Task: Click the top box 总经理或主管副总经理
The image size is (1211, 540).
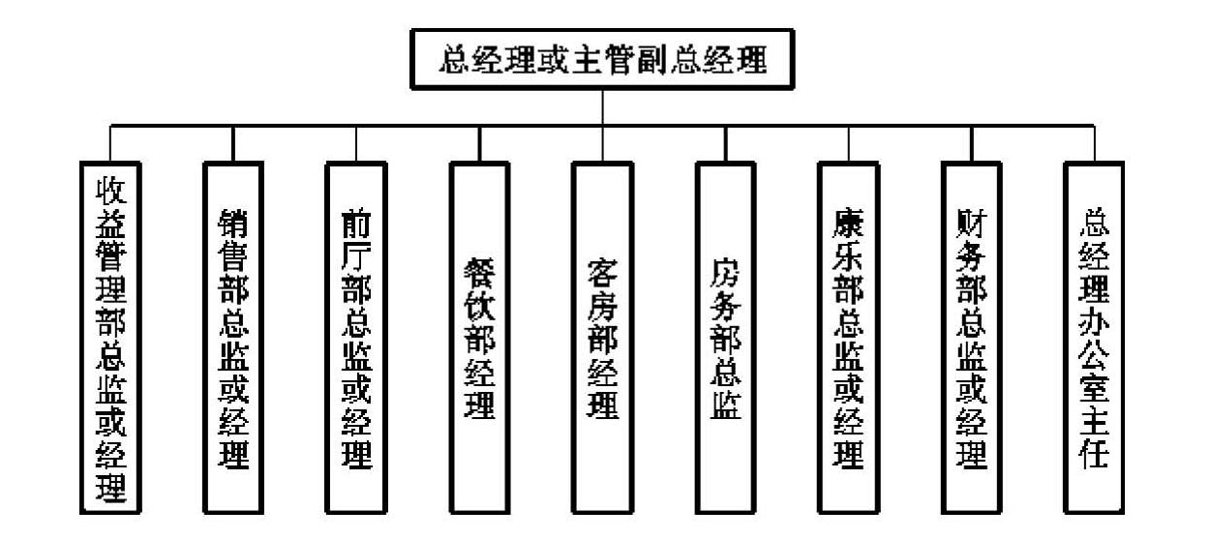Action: click(603, 60)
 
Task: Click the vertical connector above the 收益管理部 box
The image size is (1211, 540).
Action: click(110, 143)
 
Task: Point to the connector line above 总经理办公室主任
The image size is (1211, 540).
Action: click(1095, 143)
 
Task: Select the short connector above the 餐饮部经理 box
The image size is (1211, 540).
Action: click(480, 143)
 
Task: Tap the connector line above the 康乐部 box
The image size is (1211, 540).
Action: click(849, 143)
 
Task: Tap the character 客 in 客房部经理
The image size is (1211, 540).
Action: click(603, 272)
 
